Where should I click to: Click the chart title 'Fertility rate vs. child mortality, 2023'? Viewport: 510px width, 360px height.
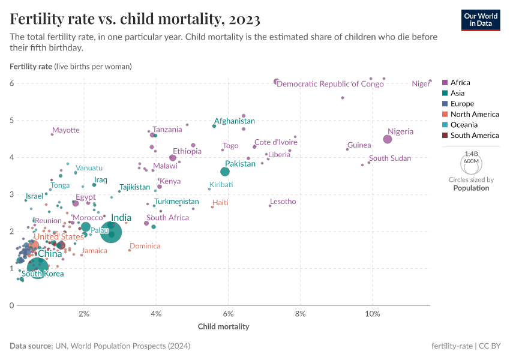[135, 19]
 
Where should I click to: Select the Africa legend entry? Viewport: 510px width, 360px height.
[460, 83]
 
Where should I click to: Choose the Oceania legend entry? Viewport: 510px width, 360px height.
[464, 125]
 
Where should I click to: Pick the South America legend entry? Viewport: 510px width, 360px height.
[474, 136]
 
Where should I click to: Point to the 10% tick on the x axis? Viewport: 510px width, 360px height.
[372, 314]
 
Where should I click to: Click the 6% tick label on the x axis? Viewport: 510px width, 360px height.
[228, 314]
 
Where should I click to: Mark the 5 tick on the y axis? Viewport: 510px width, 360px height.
[11, 121]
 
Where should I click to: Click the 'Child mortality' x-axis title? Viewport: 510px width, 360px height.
[223, 327]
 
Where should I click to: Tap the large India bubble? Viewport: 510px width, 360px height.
[112, 232]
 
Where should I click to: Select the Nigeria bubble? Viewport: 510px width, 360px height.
[388, 139]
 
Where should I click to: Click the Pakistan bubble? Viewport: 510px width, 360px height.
[225, 172]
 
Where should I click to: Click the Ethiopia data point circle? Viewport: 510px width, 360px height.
[173, 158]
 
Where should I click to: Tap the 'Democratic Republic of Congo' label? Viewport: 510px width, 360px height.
[330, 84]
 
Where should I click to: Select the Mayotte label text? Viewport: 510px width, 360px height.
[65, 130]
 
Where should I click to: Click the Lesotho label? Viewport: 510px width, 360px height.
[283, 202]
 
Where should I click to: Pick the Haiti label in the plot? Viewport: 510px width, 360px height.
[221, 203]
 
